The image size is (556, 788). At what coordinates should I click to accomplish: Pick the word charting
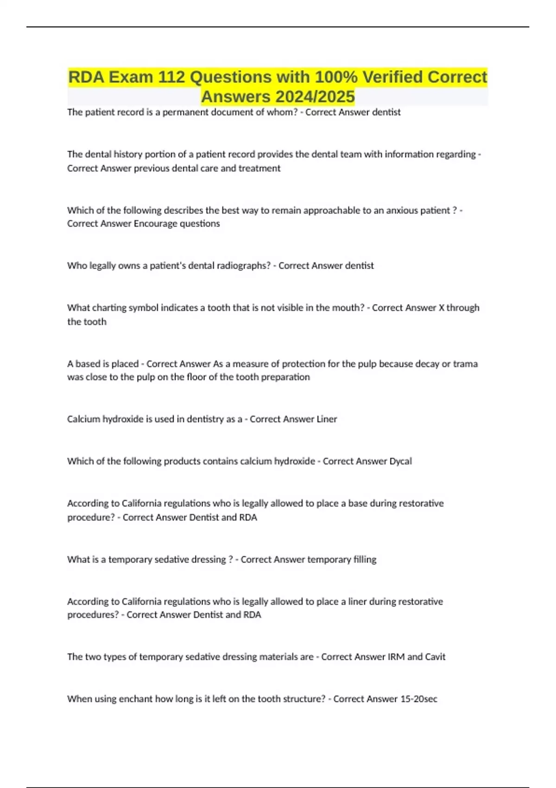tap(108, 308)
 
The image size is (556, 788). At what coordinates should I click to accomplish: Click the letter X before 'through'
tap(441, 308)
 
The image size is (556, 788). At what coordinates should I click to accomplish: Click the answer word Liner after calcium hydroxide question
tap(327, 419)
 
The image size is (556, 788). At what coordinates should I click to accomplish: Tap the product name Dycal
tap(400, 461)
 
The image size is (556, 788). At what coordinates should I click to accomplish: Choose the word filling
tap(365, 559)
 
